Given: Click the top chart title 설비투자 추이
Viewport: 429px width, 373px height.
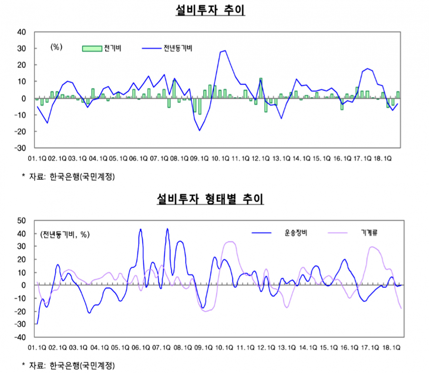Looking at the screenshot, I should pos(210,10).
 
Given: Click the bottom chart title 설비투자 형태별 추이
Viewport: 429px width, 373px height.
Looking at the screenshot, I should pos(210,198).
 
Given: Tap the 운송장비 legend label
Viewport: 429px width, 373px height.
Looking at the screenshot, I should pos(296,233).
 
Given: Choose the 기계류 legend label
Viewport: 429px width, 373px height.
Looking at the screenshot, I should pos(369,233).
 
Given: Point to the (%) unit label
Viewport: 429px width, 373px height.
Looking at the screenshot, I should pos(56,47).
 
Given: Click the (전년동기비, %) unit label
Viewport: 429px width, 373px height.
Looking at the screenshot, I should pos(65,235).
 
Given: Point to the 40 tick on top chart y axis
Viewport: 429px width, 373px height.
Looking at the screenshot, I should pos(21,32).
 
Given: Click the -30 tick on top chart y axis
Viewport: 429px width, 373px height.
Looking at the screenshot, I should pos(20,148).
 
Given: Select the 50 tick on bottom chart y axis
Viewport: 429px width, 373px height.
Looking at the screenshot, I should pos(21,221).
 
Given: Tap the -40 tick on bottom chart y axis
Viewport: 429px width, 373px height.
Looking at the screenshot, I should pos(20,337).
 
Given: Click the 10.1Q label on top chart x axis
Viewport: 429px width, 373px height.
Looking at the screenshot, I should pos(220,159).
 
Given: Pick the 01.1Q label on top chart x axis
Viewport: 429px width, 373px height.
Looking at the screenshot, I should pos(37,159).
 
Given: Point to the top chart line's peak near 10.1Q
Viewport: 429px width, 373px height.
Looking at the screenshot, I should pos(225,50).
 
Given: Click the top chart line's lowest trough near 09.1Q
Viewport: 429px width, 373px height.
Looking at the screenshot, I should pos(199,131).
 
